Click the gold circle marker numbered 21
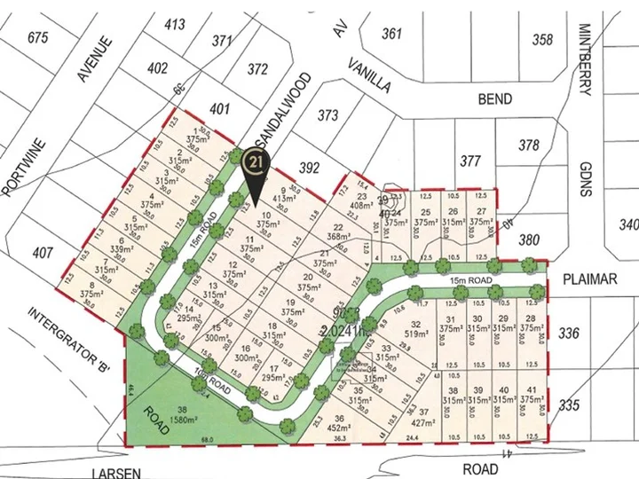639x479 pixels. pyautogui.click(x=256, y=162)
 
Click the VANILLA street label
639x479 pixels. pyautogui.click(x=369, y=75)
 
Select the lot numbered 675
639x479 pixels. pyautogui.click(x=37, y=37)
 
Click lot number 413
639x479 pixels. pyautogui.click(x=176, y=24)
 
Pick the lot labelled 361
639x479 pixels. pyautogui.click(x=391, y=34)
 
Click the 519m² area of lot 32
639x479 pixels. pyautogui.click(x=415, y=334)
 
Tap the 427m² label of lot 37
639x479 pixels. pyautogui.click(x=425, y=422)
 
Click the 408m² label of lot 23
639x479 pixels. pyautogui.click(x=362, y=206)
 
